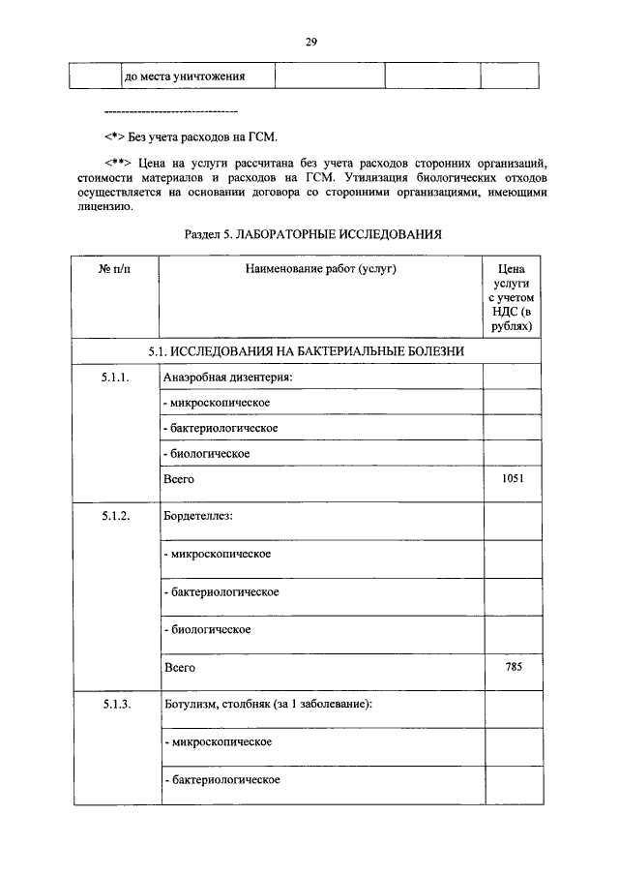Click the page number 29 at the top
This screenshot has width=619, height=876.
[311, 42]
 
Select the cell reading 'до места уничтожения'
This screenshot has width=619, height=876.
[184, 76]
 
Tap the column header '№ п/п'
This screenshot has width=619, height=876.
[114, 268]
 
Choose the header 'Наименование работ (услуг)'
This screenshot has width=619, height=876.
[320, 268]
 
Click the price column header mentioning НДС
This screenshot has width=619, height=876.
[511, 299]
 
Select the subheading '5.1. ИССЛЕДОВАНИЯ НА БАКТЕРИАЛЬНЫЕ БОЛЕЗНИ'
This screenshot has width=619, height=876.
[308, 350]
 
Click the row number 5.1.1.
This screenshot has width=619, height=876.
[114, 377]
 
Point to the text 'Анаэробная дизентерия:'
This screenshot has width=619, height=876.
[228, 377]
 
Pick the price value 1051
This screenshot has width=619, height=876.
[513, 478]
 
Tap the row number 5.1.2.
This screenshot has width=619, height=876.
[114, 516]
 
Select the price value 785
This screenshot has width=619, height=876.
[514, 667]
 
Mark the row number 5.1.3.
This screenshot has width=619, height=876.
[114, 705]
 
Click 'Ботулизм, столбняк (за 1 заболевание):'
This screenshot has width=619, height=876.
[268, 705]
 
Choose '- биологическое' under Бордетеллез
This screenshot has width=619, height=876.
[207, 630]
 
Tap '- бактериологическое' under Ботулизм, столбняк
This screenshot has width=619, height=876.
[222, 779]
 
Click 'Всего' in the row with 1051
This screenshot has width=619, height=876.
[179, 479]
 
